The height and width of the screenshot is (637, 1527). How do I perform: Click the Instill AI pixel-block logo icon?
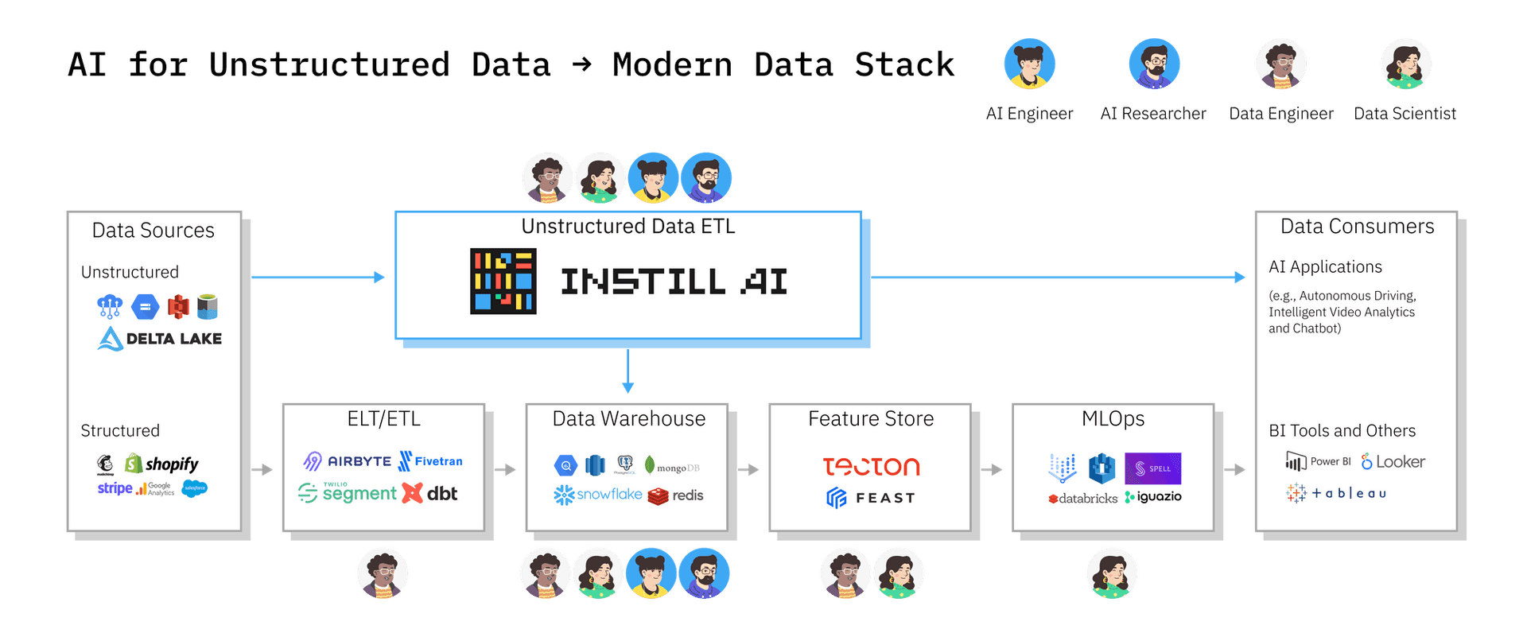(503, 281)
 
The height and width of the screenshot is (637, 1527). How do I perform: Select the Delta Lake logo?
(160, 339)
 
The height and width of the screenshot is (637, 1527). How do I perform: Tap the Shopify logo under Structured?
(162, 464)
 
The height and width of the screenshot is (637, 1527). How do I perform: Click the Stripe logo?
(115, 488)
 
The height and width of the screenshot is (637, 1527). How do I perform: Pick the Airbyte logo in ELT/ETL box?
(348, 461)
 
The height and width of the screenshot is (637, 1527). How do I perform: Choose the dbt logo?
(430, 494)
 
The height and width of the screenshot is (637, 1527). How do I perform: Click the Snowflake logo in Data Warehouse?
(598, 495)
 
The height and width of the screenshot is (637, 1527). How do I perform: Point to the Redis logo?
(676, 495)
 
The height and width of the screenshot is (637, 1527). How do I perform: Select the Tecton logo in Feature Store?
(871, 466)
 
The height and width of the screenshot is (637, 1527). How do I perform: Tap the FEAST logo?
(871, 498)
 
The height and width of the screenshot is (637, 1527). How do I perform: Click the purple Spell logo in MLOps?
(1152, 468)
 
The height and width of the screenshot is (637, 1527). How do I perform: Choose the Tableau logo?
(1336, 493)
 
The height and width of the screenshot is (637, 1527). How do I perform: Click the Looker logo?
(1393, 462)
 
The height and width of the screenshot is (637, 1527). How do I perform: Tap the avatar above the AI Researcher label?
(1154, 64)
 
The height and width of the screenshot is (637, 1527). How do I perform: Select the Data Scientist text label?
(1405, 114)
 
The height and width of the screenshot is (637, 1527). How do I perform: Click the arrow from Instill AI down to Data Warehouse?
(628, 371)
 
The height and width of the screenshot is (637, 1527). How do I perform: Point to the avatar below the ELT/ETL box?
(383, 573)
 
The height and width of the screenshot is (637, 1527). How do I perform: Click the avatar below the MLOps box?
(1112, 573)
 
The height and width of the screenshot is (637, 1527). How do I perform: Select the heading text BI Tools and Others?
(1342, 431)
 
